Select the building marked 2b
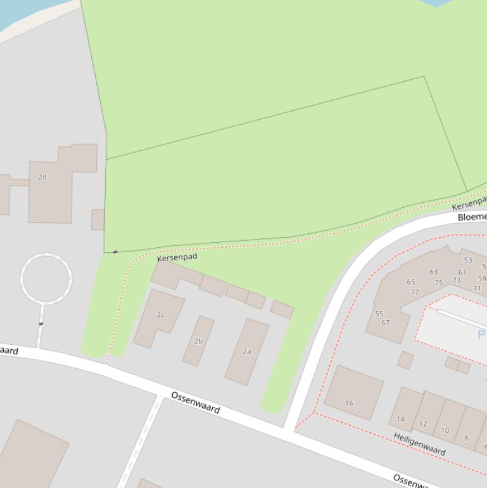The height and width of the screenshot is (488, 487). pos(198,341)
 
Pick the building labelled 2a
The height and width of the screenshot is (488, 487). pos(247,351)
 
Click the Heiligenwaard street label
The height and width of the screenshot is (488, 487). pos(419,444)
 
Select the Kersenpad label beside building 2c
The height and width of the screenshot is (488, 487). pos(177,257)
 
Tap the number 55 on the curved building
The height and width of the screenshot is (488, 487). pos(379,314)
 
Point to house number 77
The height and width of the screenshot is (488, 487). pos(415,292)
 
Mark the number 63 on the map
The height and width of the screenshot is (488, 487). pos(433,272)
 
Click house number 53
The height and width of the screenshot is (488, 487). pos(468,260)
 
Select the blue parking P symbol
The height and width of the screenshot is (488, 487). pos(481,334)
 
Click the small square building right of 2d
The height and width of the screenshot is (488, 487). pos(98,220)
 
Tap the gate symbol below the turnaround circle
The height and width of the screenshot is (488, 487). pos(41,324)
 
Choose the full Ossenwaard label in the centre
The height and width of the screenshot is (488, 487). pos(196,402)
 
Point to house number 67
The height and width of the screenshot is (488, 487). pos(386,323)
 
